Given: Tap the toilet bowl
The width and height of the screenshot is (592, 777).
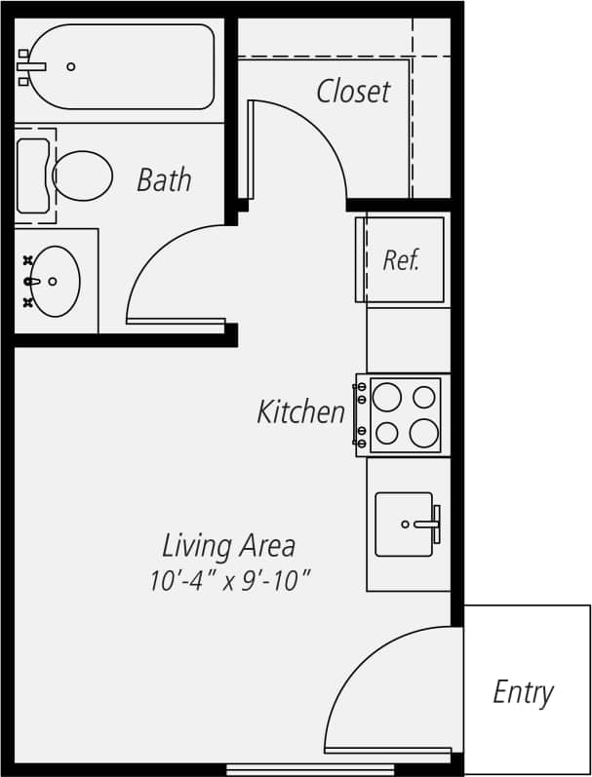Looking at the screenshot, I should pos(83,176).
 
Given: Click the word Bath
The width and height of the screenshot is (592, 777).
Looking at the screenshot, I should pos(164,180).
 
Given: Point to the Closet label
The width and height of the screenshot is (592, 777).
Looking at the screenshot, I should pos(353,92).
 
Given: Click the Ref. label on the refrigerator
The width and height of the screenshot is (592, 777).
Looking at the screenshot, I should pos(400,260).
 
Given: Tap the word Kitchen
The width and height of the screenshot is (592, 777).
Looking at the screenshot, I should pos(300,412).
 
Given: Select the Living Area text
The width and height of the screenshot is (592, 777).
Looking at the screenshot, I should pos(228,545).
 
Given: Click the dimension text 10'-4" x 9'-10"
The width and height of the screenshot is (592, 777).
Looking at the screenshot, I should pos(229,581).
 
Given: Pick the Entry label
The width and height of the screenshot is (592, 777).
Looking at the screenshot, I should pos(523,692).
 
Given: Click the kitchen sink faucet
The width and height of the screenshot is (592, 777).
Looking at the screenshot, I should pos(429,524).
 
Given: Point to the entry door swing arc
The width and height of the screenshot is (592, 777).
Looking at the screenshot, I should pos(361,663).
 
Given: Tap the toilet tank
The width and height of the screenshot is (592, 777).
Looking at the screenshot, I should pos(33,175).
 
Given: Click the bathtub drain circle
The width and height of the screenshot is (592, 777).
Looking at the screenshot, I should pos(71,66).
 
